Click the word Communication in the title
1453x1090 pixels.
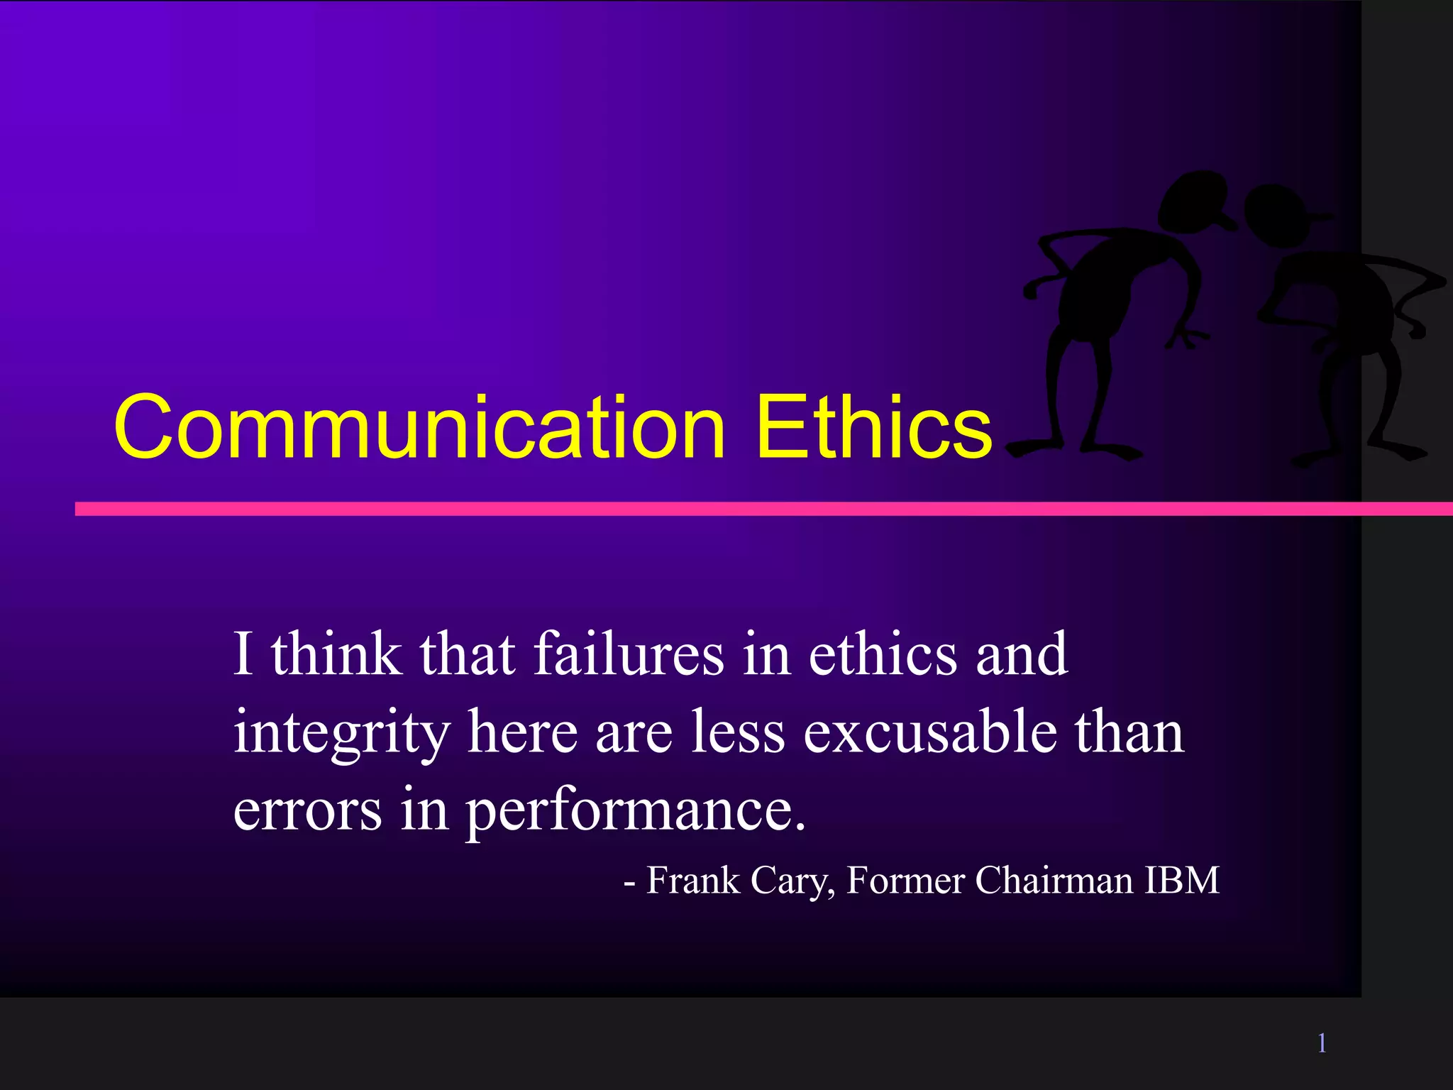pos(419,427)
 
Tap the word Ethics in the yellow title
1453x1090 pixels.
pos(873,427)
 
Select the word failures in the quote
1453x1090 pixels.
pos(629,654)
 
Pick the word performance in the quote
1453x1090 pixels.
pos(636,811)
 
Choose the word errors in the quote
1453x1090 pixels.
pos(307,811)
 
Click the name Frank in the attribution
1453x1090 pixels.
pos(693,881)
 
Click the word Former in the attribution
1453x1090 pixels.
pos(906,881)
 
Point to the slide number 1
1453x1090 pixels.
pos(1322,1043)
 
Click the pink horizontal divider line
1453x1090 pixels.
pos(709,509)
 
